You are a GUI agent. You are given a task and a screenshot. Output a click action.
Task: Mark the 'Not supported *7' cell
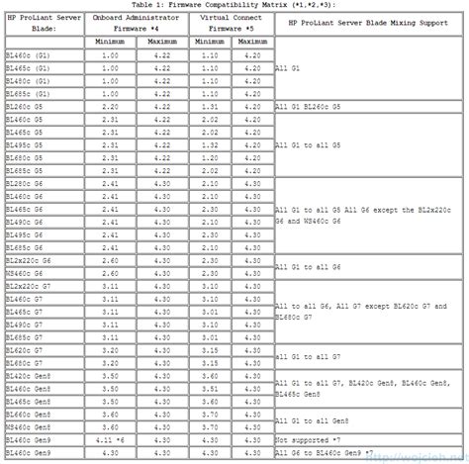click(308, 439)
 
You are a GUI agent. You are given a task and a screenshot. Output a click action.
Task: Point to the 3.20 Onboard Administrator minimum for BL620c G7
click(111, 351)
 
